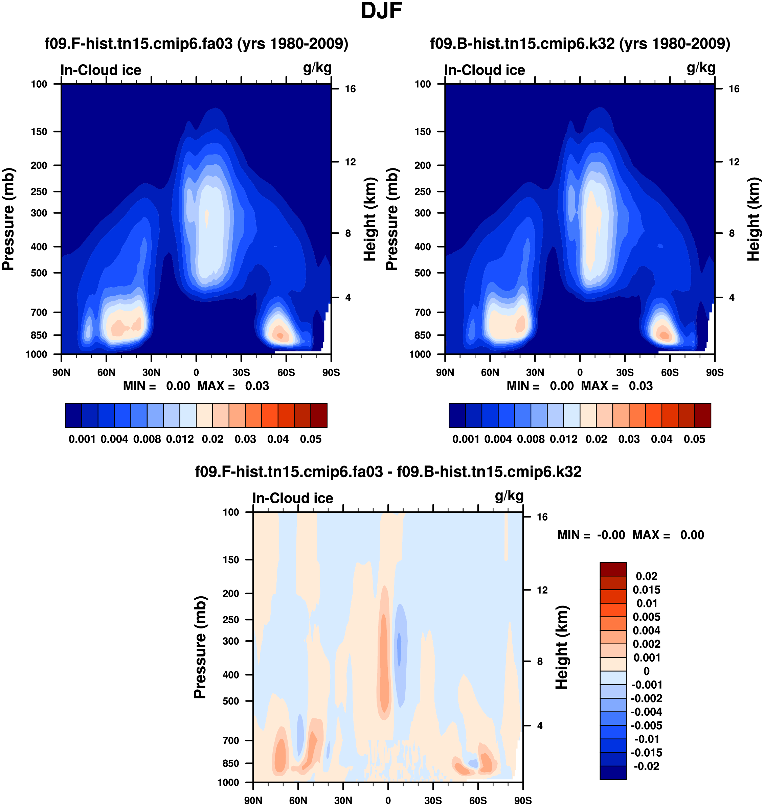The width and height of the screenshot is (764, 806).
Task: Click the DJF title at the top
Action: tap(381, 11)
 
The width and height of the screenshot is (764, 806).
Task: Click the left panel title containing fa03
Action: tap(196, 44)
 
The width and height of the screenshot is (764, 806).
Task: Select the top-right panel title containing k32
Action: tap(580, 44)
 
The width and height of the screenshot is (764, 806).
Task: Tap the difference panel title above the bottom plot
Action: tap(388, 472)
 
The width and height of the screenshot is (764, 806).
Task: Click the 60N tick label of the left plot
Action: tap(106, 372)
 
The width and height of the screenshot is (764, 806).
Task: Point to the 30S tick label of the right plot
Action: tap(625, 372)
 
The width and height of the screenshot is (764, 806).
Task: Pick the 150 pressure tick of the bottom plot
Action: tap(231, 560)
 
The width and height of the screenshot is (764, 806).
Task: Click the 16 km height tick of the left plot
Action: tap(350, 89)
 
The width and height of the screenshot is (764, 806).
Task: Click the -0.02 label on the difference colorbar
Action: tap(646, 766)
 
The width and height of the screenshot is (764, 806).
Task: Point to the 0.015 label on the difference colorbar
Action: tap(646, 590)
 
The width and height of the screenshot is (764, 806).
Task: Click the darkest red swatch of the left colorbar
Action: tap(319, 415)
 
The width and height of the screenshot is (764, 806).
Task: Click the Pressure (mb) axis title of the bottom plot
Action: tap(200, 647)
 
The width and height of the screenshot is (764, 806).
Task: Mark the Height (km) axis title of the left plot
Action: tap(369, 219)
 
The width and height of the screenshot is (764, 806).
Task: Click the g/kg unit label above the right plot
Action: tap(701, 68)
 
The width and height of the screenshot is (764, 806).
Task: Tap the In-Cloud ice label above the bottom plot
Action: tap(293, 498)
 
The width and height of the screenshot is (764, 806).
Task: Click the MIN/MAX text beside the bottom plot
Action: tap(630, 535)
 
